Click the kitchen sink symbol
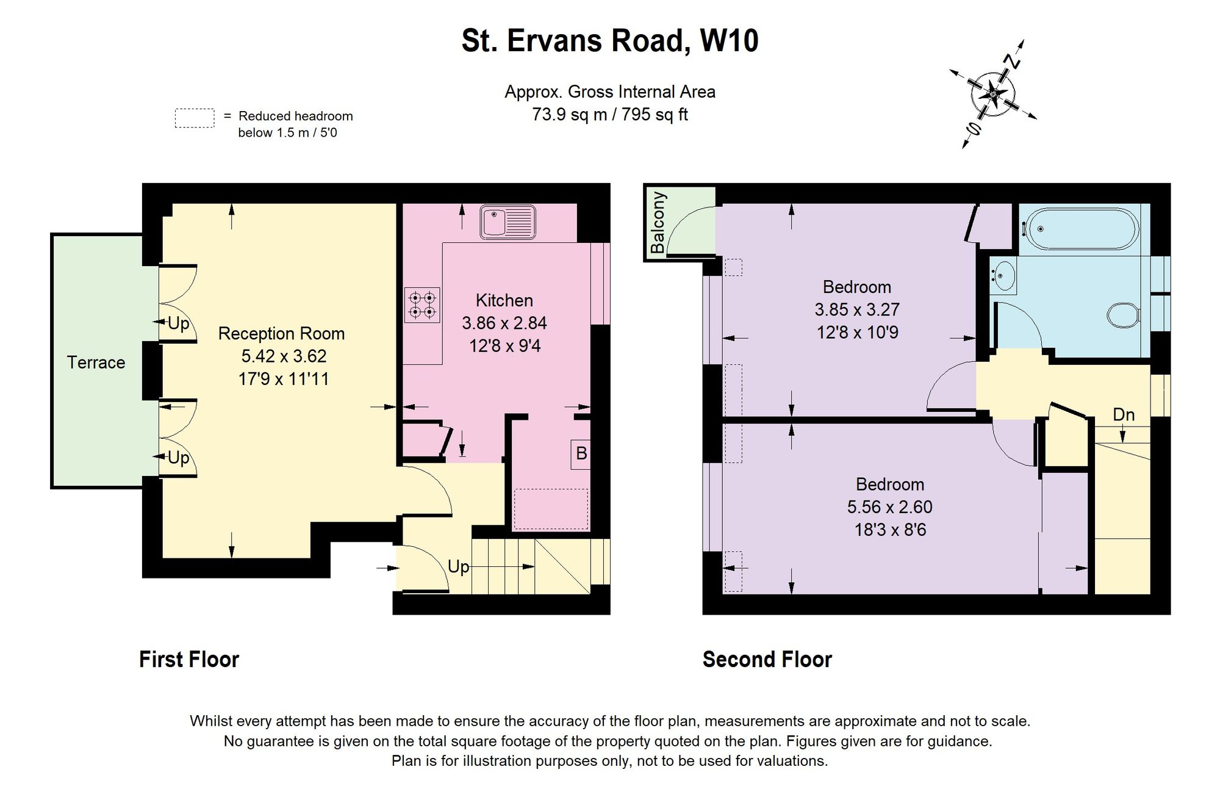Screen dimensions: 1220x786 508,222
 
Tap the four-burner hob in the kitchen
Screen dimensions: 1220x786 422,305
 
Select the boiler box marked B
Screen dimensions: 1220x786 581,454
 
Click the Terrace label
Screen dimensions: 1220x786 96,362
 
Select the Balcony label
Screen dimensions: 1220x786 658,223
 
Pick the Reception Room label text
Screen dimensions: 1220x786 282,334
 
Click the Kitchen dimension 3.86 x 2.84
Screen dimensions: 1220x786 504,323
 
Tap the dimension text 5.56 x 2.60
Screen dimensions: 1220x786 890,507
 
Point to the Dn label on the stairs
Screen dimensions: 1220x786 1124,415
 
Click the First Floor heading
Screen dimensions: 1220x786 189,659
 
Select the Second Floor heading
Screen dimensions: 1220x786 767,659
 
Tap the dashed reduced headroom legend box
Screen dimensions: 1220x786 195,118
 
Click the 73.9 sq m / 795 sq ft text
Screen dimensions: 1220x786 610,115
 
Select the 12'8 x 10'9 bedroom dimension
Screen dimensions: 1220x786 858,333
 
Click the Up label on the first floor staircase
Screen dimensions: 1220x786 459,567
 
